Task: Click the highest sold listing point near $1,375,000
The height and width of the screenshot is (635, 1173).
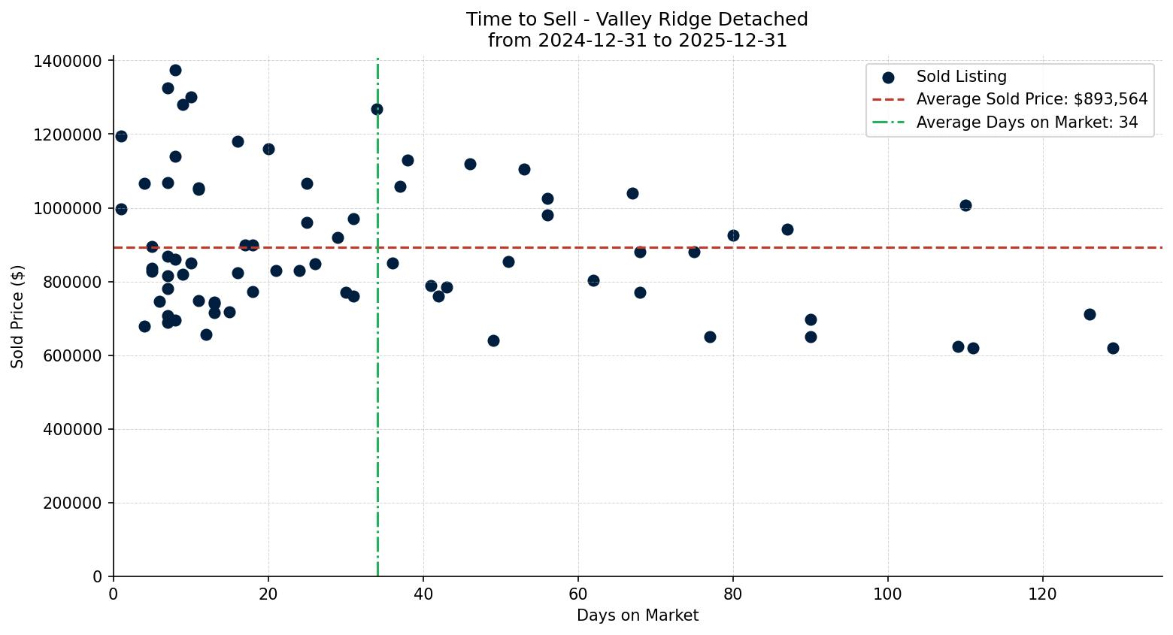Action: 175,71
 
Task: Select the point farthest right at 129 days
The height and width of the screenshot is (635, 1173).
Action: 1113,348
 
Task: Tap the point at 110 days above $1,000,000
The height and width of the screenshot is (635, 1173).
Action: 965,205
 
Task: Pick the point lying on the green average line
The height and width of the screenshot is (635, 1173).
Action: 377,110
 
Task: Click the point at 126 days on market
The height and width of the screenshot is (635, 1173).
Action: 1090,314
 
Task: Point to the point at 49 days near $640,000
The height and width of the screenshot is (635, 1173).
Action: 493,340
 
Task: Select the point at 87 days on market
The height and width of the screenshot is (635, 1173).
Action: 787,229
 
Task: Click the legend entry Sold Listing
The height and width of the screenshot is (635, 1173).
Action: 961,77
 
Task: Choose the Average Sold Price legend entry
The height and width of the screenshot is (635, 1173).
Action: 1032,99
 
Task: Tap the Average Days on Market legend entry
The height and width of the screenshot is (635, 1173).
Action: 1026,122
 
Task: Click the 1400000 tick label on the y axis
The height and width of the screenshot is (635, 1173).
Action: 68,61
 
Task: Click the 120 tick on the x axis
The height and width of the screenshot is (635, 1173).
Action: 1042,594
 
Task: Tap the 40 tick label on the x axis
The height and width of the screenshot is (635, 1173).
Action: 423,594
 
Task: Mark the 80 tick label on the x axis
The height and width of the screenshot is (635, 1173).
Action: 733,594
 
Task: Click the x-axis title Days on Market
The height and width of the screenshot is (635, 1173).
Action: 637,615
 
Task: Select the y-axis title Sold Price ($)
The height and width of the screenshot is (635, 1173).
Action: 18,316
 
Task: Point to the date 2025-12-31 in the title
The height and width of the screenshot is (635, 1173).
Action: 732,41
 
